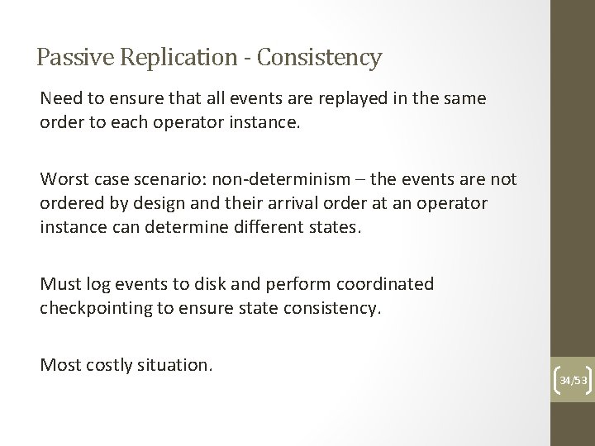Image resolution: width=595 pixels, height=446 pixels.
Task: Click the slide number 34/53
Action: tap(572, 381)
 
